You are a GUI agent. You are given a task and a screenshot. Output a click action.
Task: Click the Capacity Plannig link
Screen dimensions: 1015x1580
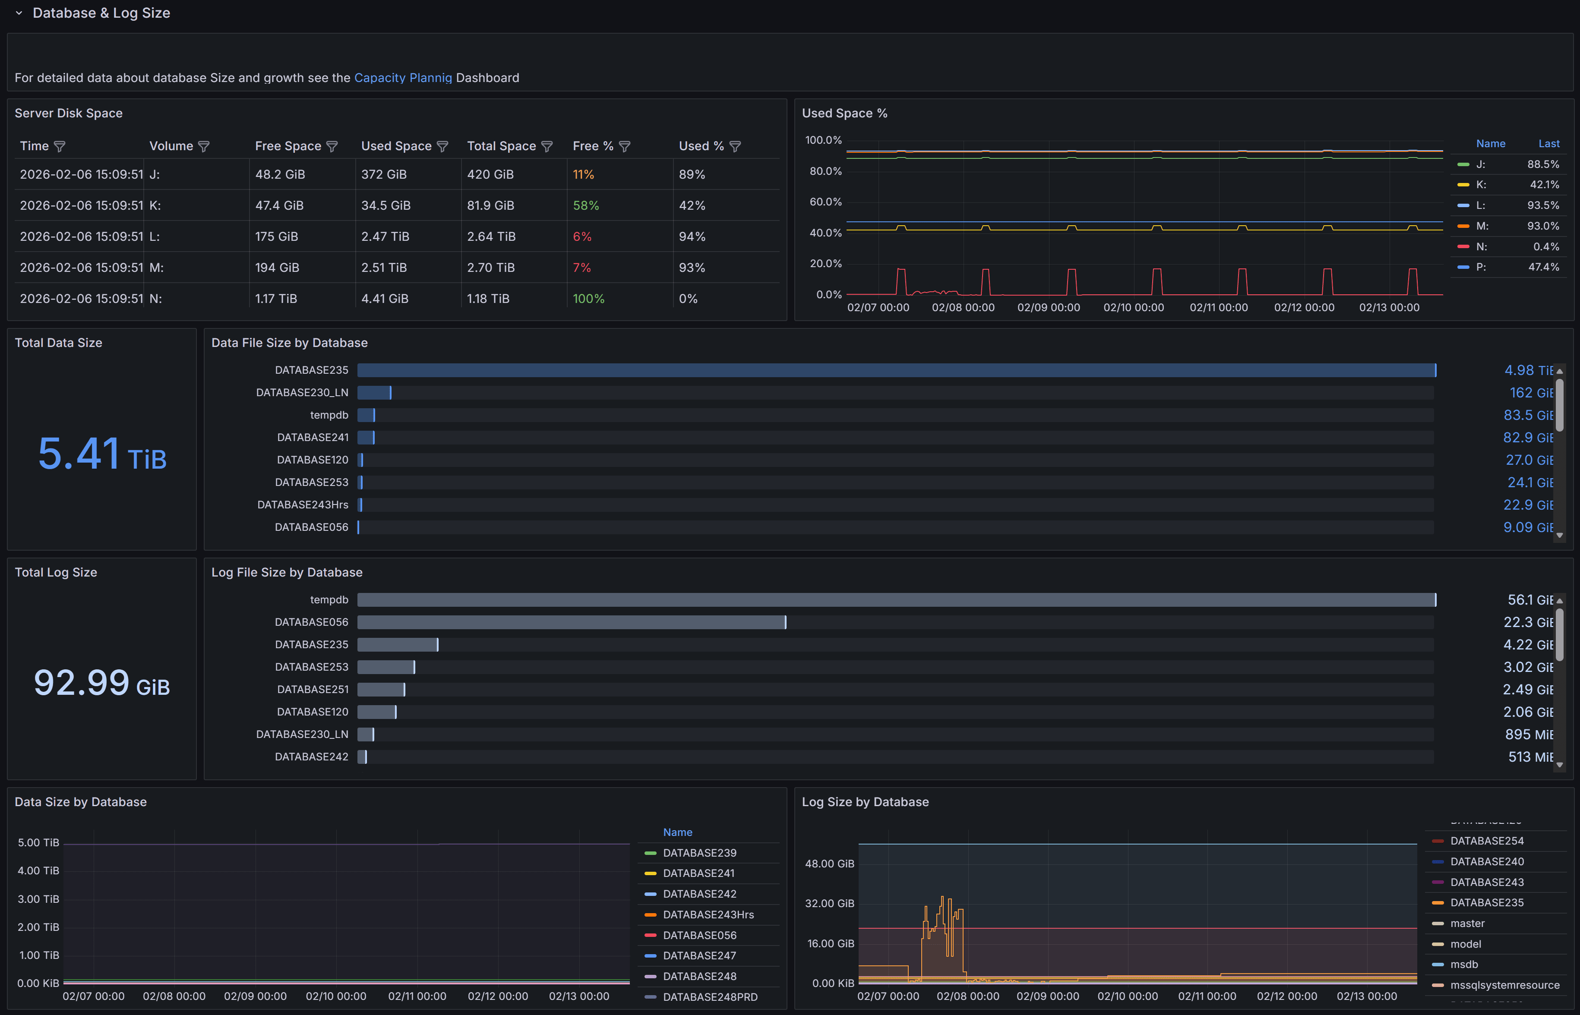coord(403,78)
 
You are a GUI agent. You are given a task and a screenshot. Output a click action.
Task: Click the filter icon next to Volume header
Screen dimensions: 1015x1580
coord(204,146)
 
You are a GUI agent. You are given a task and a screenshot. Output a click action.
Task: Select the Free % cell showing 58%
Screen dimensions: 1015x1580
coord(585,205)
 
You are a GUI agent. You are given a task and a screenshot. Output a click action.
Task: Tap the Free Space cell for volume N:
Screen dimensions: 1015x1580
coord(275,299)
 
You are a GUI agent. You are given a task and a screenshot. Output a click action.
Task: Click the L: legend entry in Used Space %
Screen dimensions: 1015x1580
coord(1480,205)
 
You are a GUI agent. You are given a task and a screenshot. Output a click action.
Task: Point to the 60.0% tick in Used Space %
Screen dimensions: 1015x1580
coord(825,202)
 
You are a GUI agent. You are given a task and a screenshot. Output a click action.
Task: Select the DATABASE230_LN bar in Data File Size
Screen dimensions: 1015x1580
coord(374,393)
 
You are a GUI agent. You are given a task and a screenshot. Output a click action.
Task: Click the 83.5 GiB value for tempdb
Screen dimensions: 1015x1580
coord(1527,415)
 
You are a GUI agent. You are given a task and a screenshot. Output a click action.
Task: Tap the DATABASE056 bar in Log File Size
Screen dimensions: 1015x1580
coord(571,622)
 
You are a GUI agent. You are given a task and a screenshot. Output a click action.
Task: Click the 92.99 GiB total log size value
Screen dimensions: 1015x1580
coord(102,684)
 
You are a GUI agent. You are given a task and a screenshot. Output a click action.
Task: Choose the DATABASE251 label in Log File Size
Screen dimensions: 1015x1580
coord(313,690)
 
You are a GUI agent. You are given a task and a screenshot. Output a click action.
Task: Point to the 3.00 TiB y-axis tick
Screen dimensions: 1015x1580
coord(38,899)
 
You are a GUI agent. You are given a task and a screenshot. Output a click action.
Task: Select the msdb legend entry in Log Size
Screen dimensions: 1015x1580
coord(1464,964)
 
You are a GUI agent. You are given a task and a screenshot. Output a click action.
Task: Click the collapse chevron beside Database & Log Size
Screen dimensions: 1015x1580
coord(19,13)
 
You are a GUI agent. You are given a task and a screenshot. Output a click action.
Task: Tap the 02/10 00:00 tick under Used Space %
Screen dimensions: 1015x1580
coord(1133,308)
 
